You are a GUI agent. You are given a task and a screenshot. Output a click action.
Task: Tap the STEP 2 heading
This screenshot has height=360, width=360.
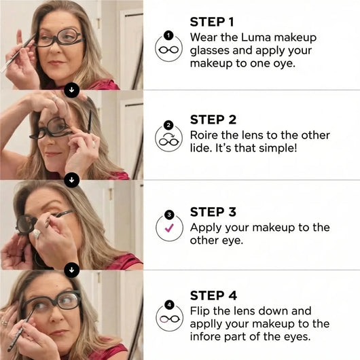pyautogui.click(x=213, y=120)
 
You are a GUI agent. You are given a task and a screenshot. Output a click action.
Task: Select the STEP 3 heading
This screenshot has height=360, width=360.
pyautogui.click(x=213, y=212)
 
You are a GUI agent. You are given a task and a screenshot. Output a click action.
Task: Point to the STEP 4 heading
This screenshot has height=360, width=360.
pyautogui.click(x=213, y=295)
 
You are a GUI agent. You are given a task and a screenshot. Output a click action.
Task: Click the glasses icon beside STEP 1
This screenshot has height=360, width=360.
pyautogui.click(x=169, y=50)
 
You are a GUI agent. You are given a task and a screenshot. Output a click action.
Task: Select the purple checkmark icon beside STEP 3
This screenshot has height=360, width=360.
pyautogui.click(x=169, y=229)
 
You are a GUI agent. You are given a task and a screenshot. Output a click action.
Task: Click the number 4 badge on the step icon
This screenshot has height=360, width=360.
pyautogui.click(x=169, y=305)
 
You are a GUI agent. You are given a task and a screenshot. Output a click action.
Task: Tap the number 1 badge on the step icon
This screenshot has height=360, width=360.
pyautogui.click(x=169, y=35)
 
